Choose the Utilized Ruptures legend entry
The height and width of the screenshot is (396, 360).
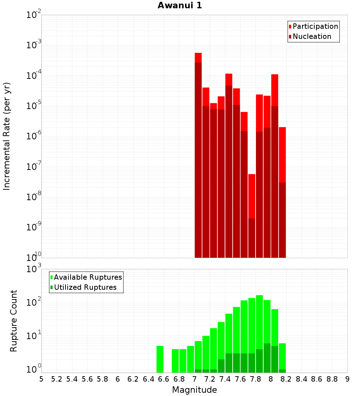click(85, 287)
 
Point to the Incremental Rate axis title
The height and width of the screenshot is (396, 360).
click(7, 136)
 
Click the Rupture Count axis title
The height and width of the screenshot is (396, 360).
click(14, 320)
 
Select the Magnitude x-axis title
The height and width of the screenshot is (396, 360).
click(194, 390)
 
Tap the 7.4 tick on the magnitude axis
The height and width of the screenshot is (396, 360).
click(225, 379)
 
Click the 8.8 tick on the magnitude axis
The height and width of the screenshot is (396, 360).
click(332, 379)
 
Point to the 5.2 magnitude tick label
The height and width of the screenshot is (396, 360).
click(57, 379)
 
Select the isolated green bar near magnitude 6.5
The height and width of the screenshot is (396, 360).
click(160, 359)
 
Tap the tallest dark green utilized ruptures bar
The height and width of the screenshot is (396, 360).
click(267, 358)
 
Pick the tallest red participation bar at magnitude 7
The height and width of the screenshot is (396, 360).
click(198, 58)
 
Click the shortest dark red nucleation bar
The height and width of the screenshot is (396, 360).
click(252, 238)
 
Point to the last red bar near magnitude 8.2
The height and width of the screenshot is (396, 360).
click(282, 155)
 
